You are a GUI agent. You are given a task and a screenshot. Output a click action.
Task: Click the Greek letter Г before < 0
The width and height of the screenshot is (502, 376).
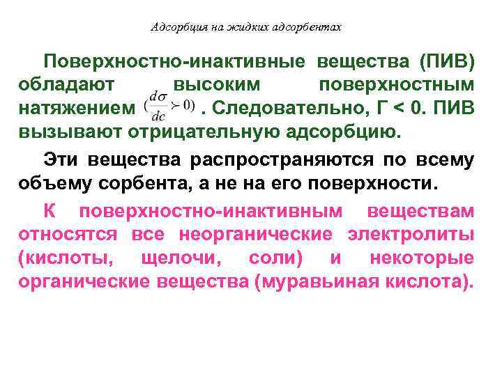(374, 108)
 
